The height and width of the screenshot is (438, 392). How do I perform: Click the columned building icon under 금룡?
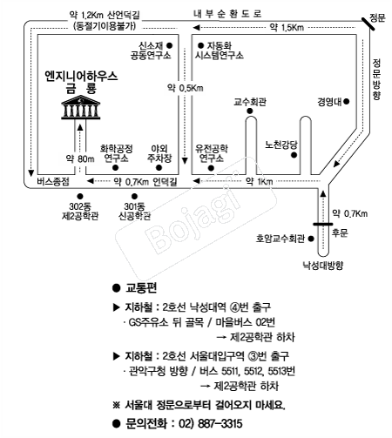pos(81,107)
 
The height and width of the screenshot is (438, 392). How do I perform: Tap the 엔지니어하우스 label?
pos(81,77)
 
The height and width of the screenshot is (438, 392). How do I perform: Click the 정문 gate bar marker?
pos(368,24)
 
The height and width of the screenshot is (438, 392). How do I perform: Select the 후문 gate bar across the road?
pos(322,224)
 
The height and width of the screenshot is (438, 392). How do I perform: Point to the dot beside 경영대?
pos(346,102)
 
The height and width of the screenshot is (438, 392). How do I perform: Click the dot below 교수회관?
pos(250,111)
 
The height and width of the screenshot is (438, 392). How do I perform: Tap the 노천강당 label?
pos(281,145)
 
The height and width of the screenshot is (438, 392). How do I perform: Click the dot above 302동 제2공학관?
pos(80,197)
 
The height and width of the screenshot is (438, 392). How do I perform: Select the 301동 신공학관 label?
pos(134,211)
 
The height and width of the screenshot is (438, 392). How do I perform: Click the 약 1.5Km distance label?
pos(287,27)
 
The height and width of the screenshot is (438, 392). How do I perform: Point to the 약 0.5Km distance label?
pos(185,88)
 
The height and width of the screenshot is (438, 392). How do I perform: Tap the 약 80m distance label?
pos(80,158)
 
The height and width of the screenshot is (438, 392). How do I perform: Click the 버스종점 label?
pos(53,182)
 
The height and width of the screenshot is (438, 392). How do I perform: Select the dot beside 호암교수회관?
pos(311,239)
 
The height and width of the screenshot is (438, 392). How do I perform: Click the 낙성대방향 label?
pos(323,266)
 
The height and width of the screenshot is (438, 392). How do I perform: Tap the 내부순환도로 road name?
pos(227,14)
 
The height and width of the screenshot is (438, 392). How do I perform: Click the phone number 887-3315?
pos(220,423)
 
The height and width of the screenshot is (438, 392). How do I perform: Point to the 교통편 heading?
pos(141,288)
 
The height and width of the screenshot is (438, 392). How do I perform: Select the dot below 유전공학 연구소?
pos(211,168)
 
